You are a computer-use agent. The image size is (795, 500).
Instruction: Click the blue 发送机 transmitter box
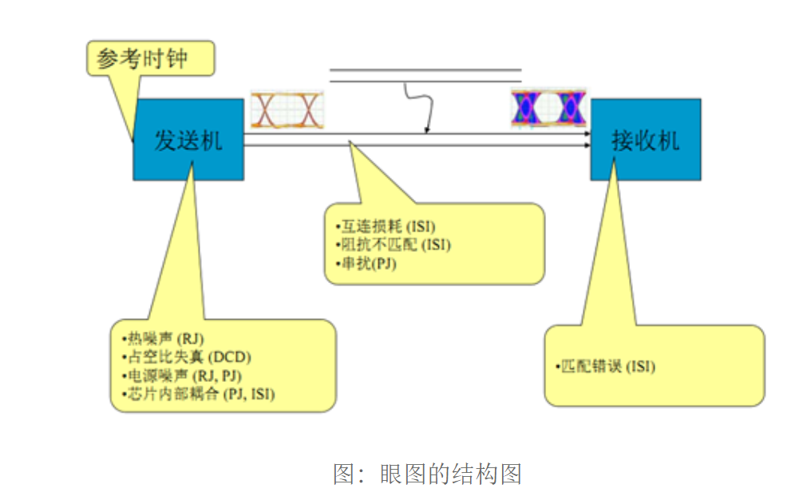188,140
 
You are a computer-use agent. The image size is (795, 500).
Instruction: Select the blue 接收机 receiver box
645,140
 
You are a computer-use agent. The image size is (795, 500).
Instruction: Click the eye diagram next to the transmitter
287,110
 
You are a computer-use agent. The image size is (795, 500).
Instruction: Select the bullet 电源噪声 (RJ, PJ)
183,375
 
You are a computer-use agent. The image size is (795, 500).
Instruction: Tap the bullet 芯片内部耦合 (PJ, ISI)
199,394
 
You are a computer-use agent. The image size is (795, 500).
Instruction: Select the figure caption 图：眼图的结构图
427,474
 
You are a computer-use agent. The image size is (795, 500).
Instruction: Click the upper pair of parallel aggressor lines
425,75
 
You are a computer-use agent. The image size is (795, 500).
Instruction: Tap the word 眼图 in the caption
408,474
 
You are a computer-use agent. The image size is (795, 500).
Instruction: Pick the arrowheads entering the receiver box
587,140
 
